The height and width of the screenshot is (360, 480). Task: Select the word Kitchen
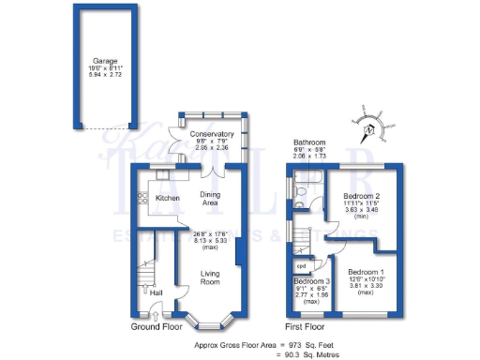[168, 198]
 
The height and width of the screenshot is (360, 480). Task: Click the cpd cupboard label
[303, 263]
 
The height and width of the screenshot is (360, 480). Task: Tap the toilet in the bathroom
[301, 193]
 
